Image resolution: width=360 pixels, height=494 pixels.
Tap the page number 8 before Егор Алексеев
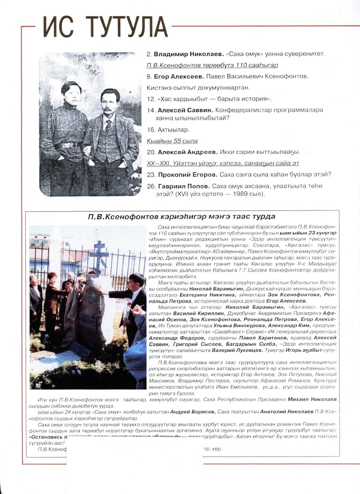(149, 77)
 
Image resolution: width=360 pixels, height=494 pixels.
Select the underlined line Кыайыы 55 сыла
(172, 141)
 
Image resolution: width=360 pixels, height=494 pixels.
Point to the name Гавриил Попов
(184, 186)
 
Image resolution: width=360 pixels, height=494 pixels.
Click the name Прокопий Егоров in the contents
(188, 175)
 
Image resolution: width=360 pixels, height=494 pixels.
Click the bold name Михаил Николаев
(312, 399)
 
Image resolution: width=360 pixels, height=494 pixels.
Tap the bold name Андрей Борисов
(192, 412)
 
